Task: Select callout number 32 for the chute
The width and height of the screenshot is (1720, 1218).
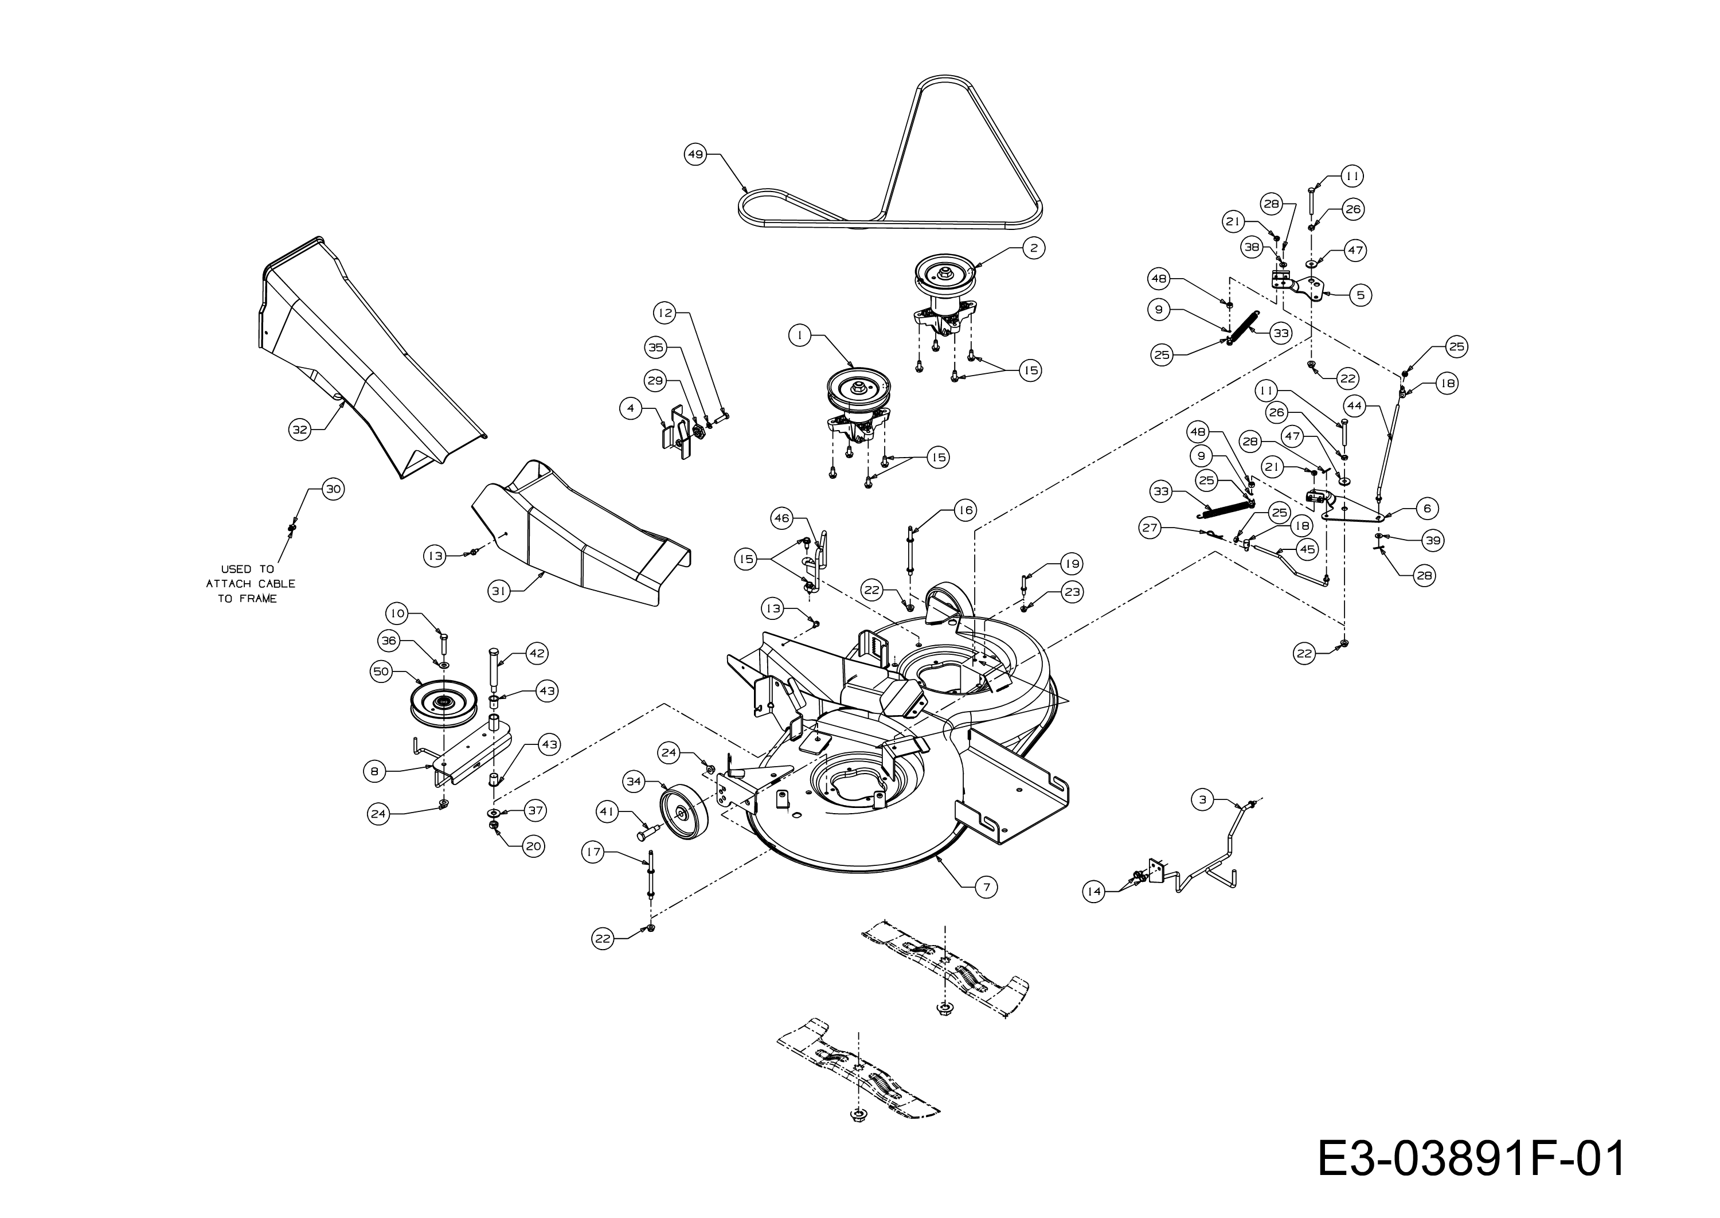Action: (300, 430)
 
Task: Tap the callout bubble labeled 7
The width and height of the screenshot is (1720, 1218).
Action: (986, 887)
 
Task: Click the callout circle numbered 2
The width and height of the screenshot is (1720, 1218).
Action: (1033, 248)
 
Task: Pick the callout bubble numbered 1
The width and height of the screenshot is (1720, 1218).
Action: (800, 336)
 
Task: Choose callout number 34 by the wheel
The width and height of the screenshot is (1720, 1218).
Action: (634, 782)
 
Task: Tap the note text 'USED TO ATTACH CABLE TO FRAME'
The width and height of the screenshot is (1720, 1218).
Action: (249, 584)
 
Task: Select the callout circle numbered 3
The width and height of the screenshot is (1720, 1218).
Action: (1203, 801)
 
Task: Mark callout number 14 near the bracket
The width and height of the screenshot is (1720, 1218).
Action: (1094, 891)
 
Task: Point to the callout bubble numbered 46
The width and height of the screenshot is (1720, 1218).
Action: (782, 518)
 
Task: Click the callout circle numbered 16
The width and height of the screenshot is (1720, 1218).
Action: (965, 511)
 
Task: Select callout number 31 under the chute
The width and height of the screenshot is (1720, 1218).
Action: (499, 591)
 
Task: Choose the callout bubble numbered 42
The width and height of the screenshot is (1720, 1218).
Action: (536, 653)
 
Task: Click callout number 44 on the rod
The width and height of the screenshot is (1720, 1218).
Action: (1354, 406)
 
